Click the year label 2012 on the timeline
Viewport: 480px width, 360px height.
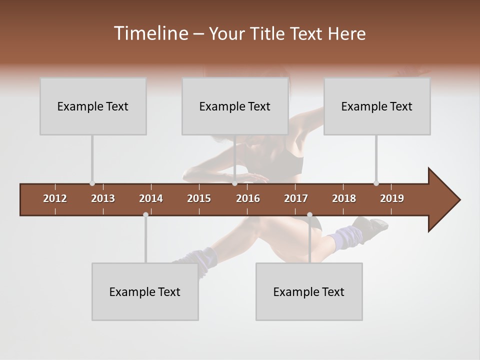click(x=55, y=198)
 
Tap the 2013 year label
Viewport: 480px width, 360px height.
click(x=103, y=198)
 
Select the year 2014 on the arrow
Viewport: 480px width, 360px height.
click(x=151, y=198)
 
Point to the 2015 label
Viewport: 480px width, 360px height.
click(x=199, y=198)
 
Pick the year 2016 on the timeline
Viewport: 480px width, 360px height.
click(x=248, y=198)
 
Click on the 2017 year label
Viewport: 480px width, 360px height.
click(x=296, y=198)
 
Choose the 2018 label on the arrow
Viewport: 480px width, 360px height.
click(x=344, y=198)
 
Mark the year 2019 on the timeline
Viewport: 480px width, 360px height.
click(x=392, y=198)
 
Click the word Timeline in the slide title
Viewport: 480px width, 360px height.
click(x=150, y=33)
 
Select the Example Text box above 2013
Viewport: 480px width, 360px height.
click(x=93, y=106)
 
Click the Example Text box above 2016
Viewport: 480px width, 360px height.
click(x=235, y=106)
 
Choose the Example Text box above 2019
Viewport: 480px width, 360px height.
click(x=377, y=106)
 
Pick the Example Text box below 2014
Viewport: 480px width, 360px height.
click(x=145, y=291)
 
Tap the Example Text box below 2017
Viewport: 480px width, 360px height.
click(x=309, y=291)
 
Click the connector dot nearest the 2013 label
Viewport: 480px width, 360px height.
click(x=92, y=183)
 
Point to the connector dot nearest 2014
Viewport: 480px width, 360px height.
click(x=145, y=214)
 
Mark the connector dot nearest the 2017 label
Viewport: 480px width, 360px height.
click(x=309, y=214)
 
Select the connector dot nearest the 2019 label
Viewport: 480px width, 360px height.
click(x=376, y=183)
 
